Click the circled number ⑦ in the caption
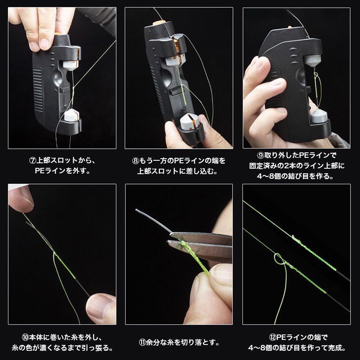(x=33, y=160)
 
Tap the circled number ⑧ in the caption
(x=136, y=161)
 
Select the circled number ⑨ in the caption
(x=260, y=155)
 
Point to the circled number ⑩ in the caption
(x=25, y=337)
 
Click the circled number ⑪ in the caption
(x=142, y=342)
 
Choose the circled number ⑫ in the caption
(x=272, y=337)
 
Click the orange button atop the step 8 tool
(x=159, y=23)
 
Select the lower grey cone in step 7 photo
(x=72, y=115)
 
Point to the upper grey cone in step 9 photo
(x=312, y=61)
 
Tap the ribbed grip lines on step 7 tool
(x=38, y=89)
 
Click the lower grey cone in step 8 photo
(x=189, y=122)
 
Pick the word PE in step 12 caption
(x=281, y=337)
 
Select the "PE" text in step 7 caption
(x=40, y=171)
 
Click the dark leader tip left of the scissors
(x=137, y=210)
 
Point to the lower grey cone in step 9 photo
(x=319, y=116)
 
